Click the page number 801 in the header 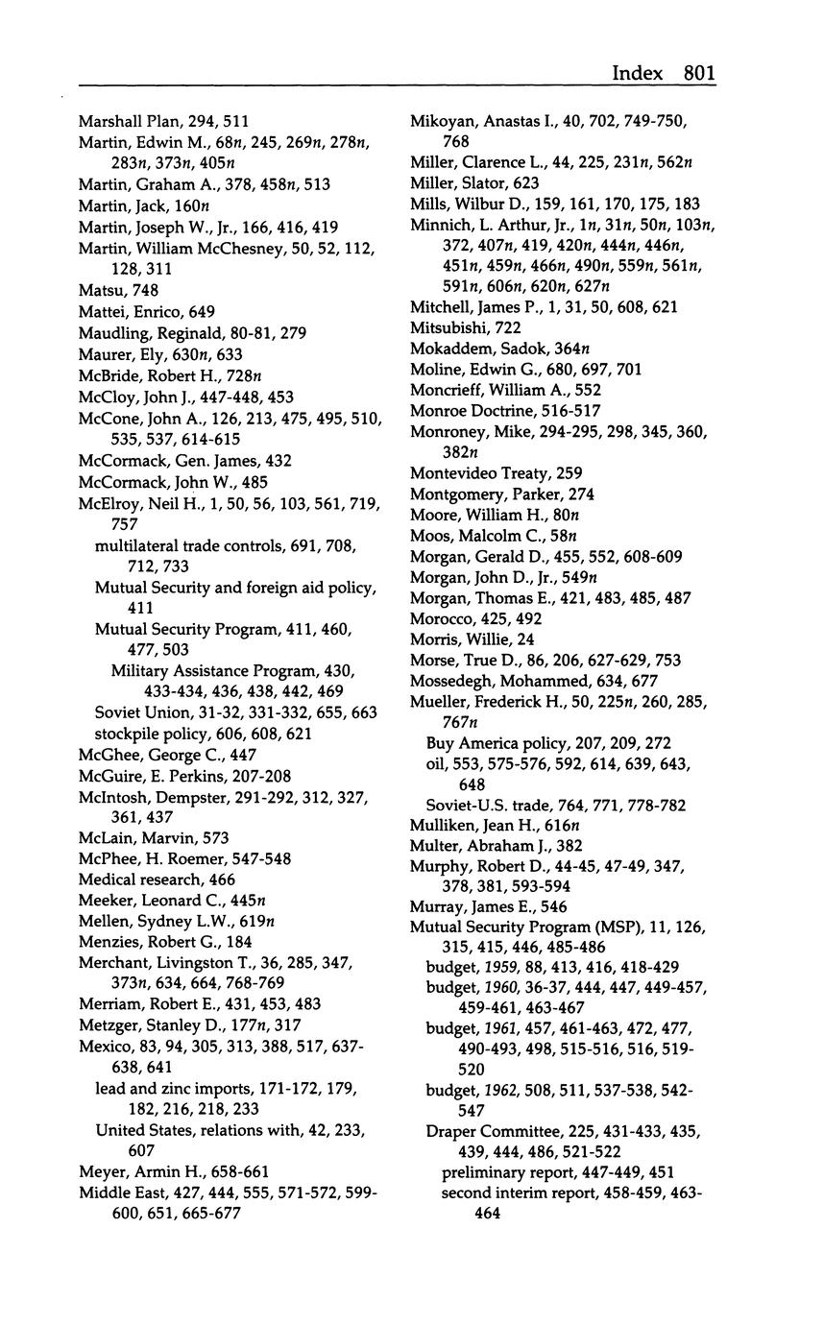(x=699, y=73)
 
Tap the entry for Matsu (x=99, y=290)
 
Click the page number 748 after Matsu (x=146, y=290)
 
